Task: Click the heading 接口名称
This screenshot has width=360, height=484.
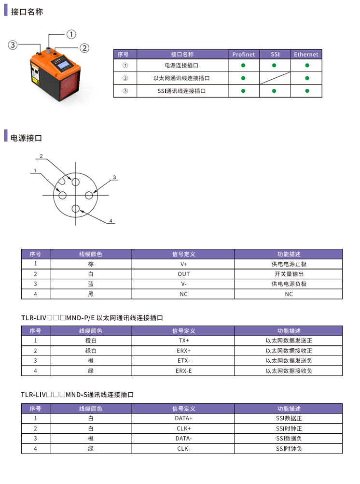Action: [x=27, y=11]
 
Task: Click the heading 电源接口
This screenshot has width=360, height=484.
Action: [x=27, y=138]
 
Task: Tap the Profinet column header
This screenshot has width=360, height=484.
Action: [x=243, y=55]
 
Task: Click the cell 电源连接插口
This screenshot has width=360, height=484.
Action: [x=181, y=65]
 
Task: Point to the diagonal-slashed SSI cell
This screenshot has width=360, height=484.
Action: [x=275, y=78]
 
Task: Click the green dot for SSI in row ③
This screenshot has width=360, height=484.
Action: [x=275, y=90]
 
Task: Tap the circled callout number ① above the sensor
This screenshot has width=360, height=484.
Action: [x=71, y=34]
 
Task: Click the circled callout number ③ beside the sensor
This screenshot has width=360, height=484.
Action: [x=13, y=45]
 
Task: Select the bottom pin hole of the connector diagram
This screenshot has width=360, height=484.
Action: [x=76, y=209]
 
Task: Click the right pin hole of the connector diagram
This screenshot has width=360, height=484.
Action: [x=89, y=195]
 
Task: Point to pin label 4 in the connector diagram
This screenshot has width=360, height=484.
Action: [x=111, y=221]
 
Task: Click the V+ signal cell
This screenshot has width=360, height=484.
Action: [x=183, y=264]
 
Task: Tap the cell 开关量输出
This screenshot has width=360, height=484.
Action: [x=289, y=274]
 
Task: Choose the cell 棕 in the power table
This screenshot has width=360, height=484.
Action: [x=91, y=264]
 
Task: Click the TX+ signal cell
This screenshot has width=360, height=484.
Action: [x=183, y=341]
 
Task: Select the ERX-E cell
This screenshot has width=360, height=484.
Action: [x=183, y=370]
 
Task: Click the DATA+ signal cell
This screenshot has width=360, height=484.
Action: [x=183, y=418]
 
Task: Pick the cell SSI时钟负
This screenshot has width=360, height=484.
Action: [x=289, y=448]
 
